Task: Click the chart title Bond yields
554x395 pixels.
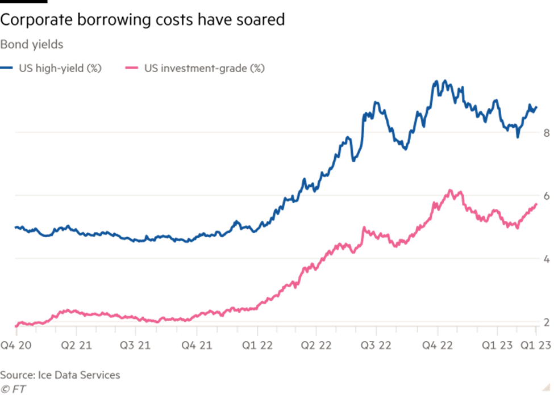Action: coord(31,44)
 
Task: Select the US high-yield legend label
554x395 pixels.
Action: coord(60,68)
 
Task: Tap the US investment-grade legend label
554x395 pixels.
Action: coord(204,68)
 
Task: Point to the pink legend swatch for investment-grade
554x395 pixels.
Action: coord(132,68)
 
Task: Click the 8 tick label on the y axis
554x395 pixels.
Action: coord(547,133)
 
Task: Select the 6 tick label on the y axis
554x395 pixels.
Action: coord(547,196)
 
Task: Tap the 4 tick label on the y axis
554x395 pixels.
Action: coord(547,259)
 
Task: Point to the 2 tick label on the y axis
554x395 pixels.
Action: coord(547,322)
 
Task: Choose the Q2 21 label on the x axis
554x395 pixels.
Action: coord(76,344)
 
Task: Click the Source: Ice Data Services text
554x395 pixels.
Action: coord(60,375)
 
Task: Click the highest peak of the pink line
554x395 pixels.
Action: coord(450,190)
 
